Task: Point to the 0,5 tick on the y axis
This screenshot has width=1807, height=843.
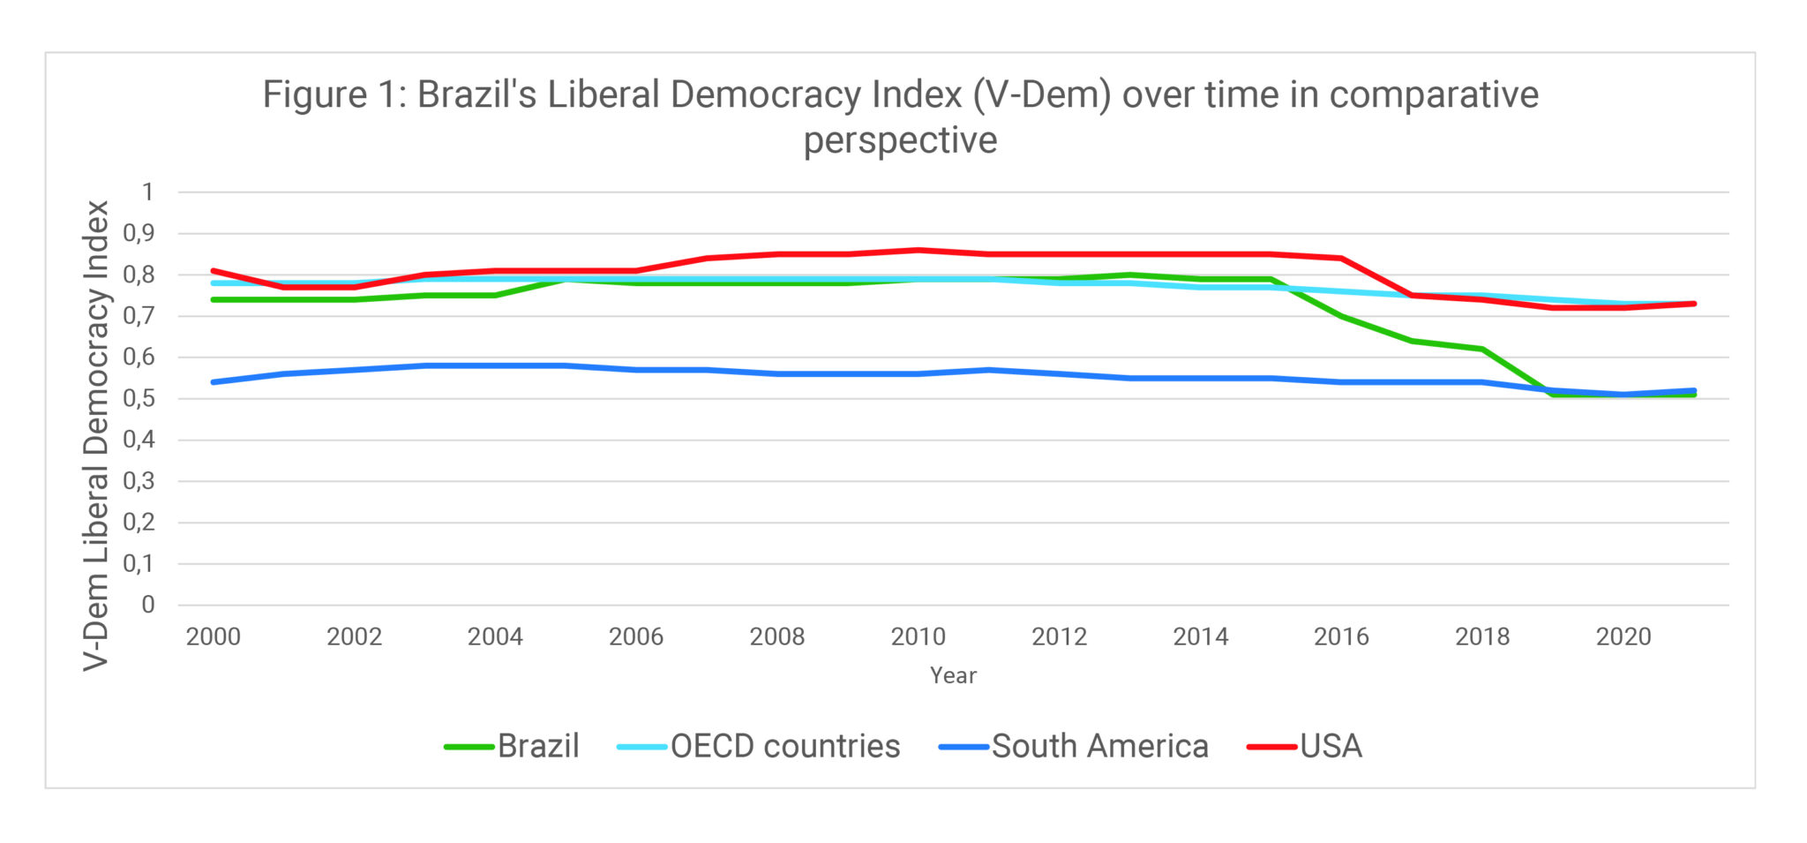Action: [139, 399]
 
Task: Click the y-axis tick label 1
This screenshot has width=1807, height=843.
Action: [147, 192]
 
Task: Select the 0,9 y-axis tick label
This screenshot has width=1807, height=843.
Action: [139, 234]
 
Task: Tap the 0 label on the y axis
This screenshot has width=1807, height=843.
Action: [147, 606]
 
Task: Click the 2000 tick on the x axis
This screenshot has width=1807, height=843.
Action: [213, 636]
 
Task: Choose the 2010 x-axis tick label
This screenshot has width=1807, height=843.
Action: [918, 636]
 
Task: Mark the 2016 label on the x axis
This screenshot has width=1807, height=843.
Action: [1341, 636]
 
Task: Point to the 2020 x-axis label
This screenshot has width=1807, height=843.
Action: [1623, 636]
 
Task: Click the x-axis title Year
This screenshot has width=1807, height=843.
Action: [953, 676]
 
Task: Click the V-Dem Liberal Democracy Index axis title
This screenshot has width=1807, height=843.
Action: [96, 435]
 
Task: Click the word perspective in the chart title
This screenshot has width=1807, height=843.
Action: [900, 140]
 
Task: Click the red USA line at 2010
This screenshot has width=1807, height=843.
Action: [918, 250]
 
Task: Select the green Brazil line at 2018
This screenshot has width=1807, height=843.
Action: [1482, 350]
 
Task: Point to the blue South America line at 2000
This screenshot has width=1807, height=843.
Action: [214, 382]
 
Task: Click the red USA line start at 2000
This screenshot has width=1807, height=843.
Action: [214, 270]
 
